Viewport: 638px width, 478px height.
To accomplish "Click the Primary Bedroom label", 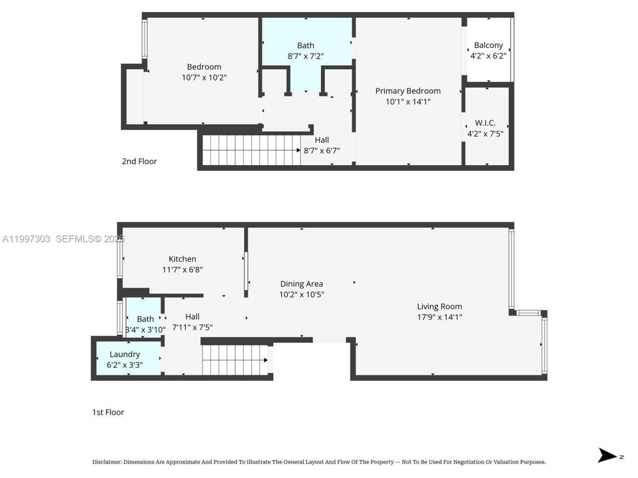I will tap(408, 91).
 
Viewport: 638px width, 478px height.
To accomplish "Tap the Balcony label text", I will tap(488, 45).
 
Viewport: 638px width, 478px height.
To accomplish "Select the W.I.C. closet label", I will tap(485, 123).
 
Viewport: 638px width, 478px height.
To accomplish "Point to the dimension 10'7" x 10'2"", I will tap(204, 78).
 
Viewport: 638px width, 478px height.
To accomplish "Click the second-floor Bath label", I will tap(306, 45).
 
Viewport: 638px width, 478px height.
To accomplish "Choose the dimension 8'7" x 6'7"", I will tap(321, 150).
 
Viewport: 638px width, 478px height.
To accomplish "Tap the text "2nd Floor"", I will tap(139, 161).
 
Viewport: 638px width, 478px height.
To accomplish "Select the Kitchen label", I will tap(182, 259).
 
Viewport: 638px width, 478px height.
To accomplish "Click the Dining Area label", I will tap(301, 284).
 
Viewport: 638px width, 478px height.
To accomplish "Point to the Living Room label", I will tap(439, 307).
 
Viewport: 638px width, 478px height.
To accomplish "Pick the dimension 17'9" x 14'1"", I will tap(439, 317).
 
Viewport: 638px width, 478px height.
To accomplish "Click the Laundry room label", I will tap(125, 354).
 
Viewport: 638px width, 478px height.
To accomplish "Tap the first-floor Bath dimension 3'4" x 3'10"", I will tap(145, 330).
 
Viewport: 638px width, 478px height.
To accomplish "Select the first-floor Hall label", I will tap(192, 317).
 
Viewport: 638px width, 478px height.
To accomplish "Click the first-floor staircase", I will tap(234, 360).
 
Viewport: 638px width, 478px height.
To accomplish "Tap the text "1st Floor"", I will tap(108, 412).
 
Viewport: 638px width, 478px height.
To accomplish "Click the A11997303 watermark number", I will tap(26, 239).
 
